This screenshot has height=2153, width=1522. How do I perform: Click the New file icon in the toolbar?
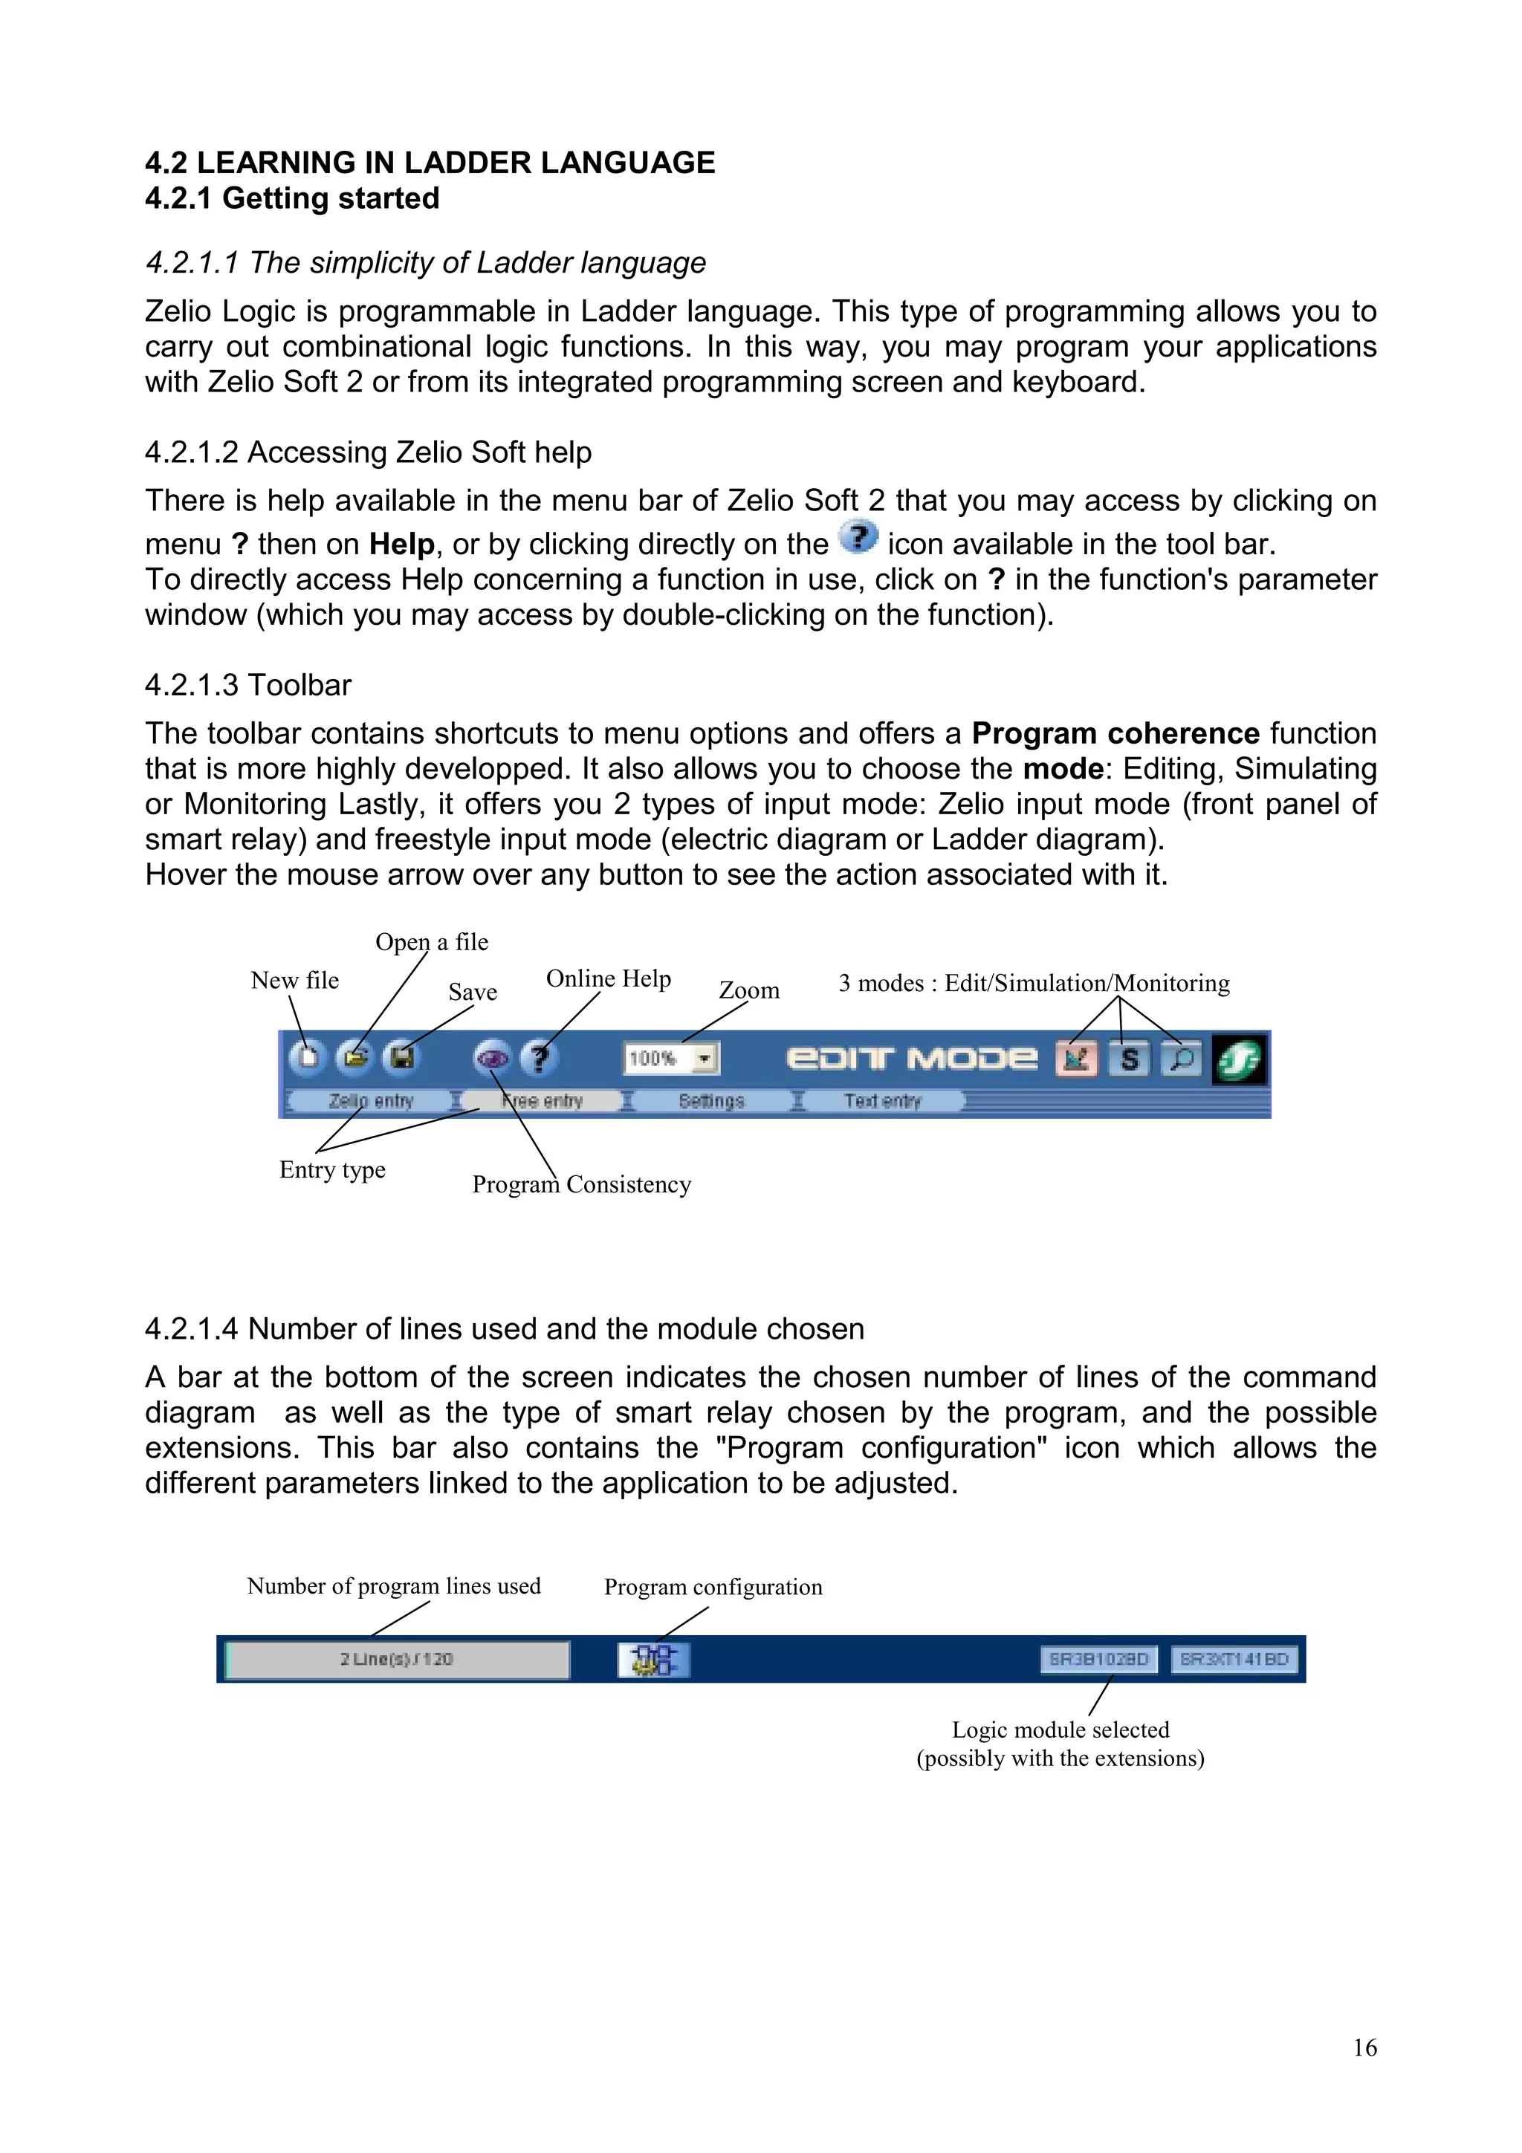(307, 1058)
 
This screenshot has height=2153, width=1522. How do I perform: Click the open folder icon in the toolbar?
(354, 1058)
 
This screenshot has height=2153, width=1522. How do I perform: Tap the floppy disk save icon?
(402, 1058)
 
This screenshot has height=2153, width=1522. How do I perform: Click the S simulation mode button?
(1129, 1059)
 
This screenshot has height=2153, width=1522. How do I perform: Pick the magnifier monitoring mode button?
(1182, 1059)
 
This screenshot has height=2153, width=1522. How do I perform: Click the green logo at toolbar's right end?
(1239, 1059)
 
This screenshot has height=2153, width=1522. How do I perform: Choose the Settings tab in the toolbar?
(710, 1101)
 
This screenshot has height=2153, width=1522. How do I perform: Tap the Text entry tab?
(881, 1101)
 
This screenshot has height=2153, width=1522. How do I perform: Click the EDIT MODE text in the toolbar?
(912, 1059)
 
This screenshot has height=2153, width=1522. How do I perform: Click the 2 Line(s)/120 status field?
(397, 1659)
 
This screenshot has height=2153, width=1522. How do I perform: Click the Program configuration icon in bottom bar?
(654, 1659)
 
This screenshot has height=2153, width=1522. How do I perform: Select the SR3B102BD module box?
(1098, 1659)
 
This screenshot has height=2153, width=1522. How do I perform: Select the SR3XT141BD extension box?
(1234, 1659)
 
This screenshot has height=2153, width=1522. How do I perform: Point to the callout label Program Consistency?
(581, 1184)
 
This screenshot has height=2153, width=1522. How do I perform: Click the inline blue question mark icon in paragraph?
(858, 538)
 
